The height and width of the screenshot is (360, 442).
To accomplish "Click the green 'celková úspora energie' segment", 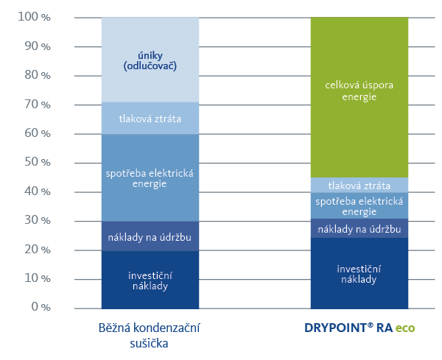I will click(359, 96).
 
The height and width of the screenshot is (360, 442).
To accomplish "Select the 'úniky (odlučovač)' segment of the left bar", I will click(150, 60).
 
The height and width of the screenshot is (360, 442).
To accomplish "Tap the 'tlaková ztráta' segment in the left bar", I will click(150, 119).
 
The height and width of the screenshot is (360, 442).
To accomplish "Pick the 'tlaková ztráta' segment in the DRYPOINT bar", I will click(359, 185).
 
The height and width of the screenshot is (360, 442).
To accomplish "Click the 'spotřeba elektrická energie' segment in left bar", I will click(150, 177).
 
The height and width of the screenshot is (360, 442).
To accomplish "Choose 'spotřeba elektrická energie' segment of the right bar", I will click(359, 205).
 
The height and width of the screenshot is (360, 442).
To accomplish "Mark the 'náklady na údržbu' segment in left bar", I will click(150, 236).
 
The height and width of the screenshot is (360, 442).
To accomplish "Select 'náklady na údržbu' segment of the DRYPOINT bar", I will click(359, 229).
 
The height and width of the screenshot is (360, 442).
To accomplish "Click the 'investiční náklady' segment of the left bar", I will click(150, 279).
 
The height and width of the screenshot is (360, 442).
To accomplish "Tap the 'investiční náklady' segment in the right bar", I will click(359, 273).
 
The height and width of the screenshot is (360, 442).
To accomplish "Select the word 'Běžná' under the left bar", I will click(113, 328).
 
